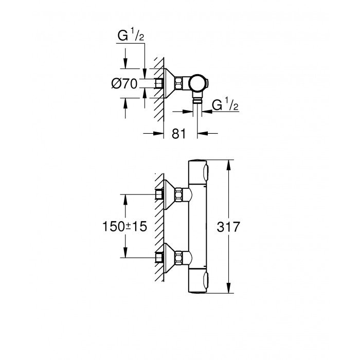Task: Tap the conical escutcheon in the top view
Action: pos(168,83)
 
